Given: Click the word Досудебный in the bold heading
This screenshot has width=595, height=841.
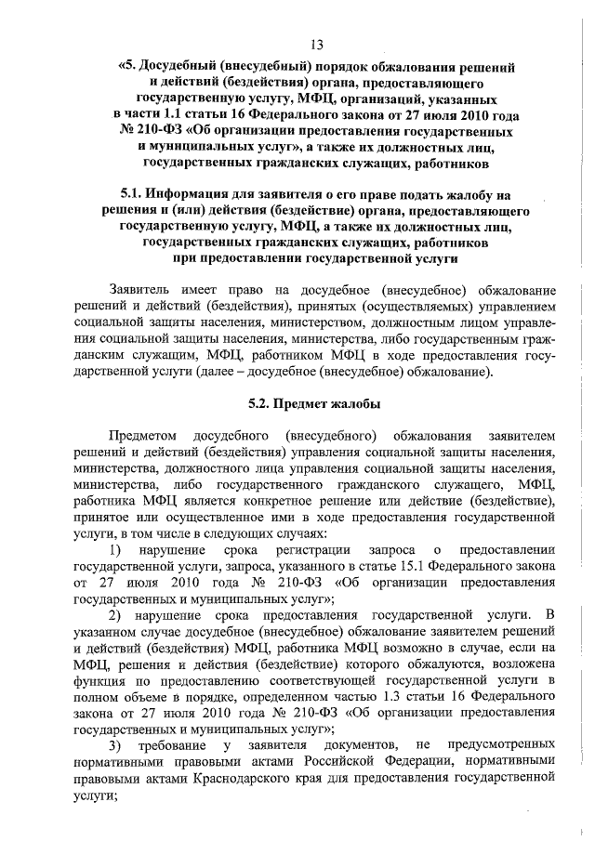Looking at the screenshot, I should tap(175, 68).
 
